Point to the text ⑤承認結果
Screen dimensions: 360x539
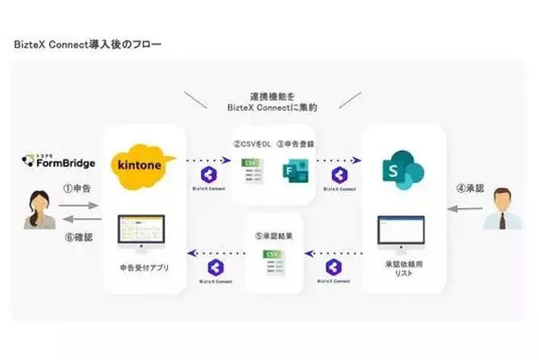click(273, 234)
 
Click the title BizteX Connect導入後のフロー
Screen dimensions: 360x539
click(87, 45)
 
